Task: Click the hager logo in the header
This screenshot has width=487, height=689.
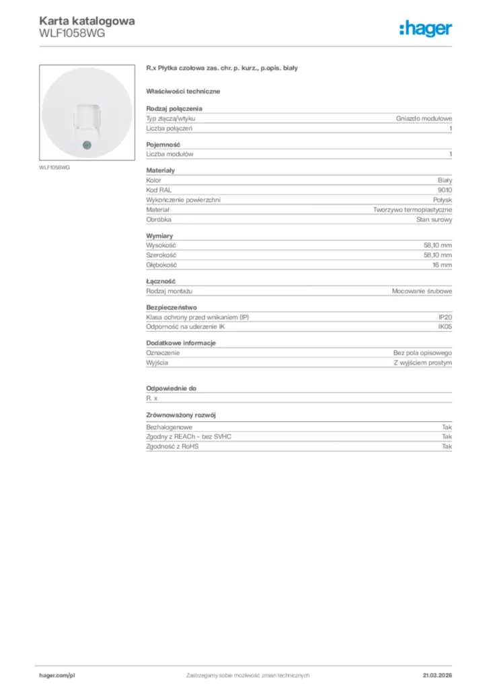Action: point(425,28)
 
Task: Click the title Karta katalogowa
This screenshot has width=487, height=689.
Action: point(87,21)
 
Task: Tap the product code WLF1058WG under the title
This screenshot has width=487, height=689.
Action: point(72,33)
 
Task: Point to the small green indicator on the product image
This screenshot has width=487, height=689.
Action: point(85,144)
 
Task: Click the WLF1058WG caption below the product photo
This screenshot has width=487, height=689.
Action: point(54,168)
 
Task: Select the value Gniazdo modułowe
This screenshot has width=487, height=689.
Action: point(424,118)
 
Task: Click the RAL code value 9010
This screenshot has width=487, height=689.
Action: point(445,190)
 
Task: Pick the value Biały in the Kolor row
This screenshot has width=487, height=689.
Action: point(445,181)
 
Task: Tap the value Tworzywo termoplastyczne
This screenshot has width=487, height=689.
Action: point(412,210)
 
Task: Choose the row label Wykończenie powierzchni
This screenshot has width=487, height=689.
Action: point(183,201)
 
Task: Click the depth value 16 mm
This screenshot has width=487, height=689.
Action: point(442,265)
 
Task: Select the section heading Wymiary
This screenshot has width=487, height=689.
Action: point(159,235)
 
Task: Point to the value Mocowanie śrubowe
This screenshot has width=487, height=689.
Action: point(422,291)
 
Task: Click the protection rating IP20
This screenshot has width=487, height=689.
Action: point(445,317)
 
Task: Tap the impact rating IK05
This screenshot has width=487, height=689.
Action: point(445,327)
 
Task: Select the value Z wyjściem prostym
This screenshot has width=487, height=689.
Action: point(422,363)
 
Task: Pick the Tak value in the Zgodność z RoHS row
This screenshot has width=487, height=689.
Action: point(447,446)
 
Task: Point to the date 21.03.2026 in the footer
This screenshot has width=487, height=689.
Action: point(437,675)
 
